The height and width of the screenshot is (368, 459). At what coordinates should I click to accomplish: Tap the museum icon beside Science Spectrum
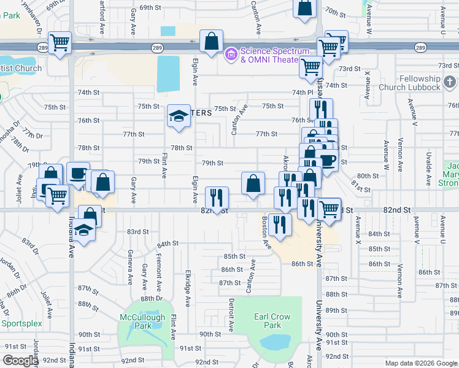point(231,55)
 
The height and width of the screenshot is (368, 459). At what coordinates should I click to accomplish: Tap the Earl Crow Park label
point(272,320)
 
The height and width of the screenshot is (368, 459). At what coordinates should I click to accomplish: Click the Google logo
point(21,361)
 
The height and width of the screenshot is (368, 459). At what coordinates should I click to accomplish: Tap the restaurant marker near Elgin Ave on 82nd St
point(216,197)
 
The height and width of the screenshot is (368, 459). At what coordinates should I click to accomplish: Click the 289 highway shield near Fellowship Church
point(420,47)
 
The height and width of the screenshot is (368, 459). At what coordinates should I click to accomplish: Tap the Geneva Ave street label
point(130,267)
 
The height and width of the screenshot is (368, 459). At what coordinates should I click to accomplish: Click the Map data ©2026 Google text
point(420,362)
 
